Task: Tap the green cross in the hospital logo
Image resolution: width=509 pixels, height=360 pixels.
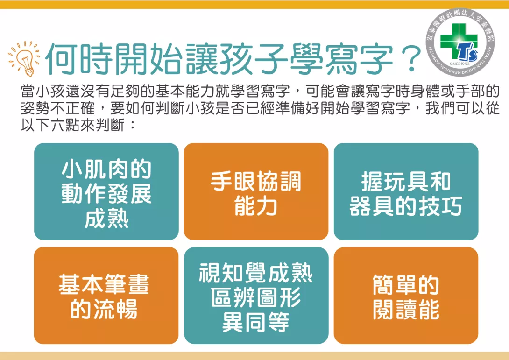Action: [454, 37]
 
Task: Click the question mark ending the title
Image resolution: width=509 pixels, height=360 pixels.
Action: [410, 58]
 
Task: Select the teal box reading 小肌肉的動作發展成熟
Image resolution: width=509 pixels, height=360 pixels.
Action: [106, 191]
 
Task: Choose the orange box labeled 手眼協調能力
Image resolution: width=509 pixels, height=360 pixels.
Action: [256, 191]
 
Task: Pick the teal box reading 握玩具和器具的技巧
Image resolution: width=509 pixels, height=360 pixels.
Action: [406, 191]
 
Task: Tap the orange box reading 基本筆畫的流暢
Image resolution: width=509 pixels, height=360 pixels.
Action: [106, 296]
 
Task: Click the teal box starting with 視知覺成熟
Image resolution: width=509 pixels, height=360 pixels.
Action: [256, 296]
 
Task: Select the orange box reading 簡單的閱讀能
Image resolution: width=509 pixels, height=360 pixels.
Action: [406, 296]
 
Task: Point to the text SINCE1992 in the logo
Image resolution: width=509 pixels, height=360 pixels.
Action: [460, 64]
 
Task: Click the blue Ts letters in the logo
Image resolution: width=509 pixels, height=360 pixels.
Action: [468, 52]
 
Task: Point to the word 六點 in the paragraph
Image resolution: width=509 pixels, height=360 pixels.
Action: [66, 125]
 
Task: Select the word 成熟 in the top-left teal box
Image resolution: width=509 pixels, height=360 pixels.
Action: [106, 219]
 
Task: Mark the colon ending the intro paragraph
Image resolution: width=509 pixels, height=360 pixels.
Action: [132, 126]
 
